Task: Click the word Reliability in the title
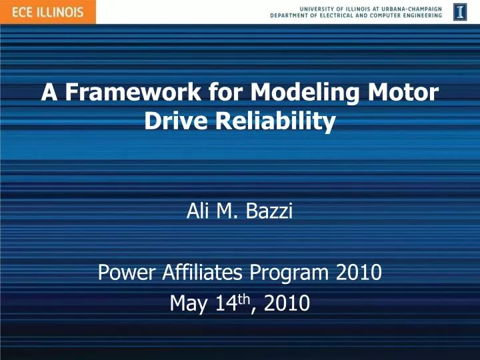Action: click(275, 121)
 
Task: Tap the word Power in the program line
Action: click(121, 272)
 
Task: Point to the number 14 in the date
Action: click(225, 304)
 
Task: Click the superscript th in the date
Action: click(245, 299)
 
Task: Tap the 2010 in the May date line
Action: click(286, 304)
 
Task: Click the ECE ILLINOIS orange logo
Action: click(47, 11)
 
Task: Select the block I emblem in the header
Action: click(460, 11)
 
